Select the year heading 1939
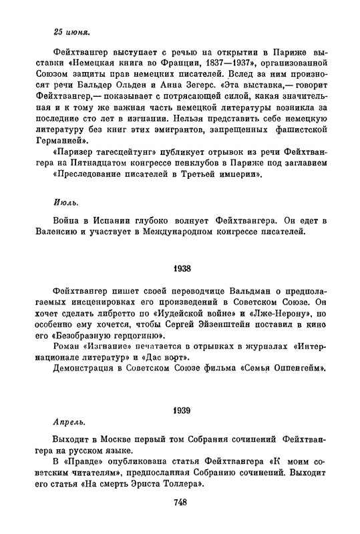click(x=180, y=409)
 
